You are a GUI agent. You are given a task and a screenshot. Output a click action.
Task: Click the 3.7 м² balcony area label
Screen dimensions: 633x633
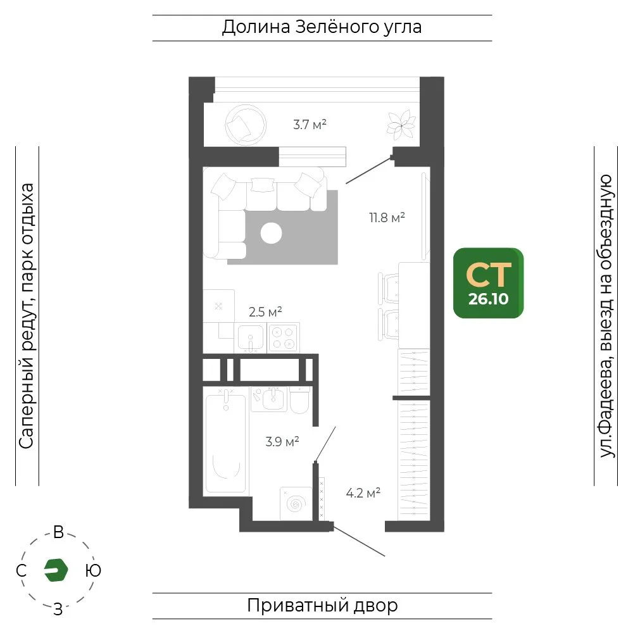pos(310,124)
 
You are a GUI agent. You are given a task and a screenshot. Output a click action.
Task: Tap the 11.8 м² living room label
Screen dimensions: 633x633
pos(387,218)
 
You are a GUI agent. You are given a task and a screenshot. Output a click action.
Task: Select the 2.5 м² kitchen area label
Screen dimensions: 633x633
pos(265,311)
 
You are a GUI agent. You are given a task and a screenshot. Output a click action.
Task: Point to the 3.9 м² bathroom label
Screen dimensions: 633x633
pos(282,441)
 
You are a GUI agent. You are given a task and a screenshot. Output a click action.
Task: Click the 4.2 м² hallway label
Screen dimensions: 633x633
pos(363,492)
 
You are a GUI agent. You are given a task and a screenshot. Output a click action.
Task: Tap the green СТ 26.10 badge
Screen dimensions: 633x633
pos(488,283)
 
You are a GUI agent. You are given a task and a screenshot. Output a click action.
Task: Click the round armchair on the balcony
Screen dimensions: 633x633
pos(246,125)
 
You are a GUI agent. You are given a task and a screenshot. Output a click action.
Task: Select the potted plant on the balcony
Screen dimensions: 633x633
pos(401,125)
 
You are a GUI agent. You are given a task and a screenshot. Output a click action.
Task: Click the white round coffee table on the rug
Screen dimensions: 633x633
pos(272,234)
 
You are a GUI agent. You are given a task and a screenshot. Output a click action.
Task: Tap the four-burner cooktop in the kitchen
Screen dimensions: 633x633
pos(283,338)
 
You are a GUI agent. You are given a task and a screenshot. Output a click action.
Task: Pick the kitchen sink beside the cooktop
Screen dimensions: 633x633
pos(250,338)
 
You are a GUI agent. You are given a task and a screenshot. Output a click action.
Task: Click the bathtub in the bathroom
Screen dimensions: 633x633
pos(226,441)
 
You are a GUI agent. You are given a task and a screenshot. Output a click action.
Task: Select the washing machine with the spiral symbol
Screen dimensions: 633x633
pos(296,503)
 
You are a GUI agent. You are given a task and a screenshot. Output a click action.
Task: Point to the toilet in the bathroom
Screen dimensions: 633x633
pos(299,400)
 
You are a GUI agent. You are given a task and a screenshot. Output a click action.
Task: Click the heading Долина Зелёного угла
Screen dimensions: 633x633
pos(322,27)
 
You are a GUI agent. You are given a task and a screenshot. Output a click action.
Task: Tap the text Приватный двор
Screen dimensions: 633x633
pos(322,606)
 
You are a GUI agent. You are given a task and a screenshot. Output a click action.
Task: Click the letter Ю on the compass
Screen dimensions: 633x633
pos(93,570)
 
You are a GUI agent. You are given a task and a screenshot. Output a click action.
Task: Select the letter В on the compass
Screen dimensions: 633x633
pos(58,532)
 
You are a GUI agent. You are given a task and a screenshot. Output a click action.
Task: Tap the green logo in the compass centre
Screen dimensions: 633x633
pos(56,570)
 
